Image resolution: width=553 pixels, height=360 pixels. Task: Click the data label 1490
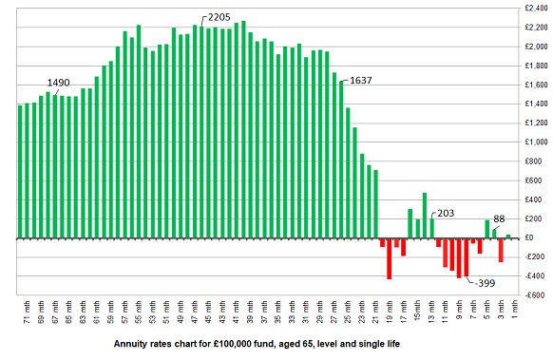pos(59,83)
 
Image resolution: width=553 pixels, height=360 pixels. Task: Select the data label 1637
pos(361,81)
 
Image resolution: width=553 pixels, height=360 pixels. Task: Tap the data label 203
pos(447,215)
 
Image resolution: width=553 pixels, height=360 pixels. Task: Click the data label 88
pos(500,219)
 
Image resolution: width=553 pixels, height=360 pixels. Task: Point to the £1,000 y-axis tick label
pos(536,142)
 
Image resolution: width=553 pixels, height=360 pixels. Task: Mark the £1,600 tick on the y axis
pos(536,85)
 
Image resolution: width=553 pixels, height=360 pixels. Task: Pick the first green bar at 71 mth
pos(21,171)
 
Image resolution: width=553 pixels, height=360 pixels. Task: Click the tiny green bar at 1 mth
pos(508,237)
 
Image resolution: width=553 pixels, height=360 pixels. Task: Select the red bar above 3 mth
pos(501,250)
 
